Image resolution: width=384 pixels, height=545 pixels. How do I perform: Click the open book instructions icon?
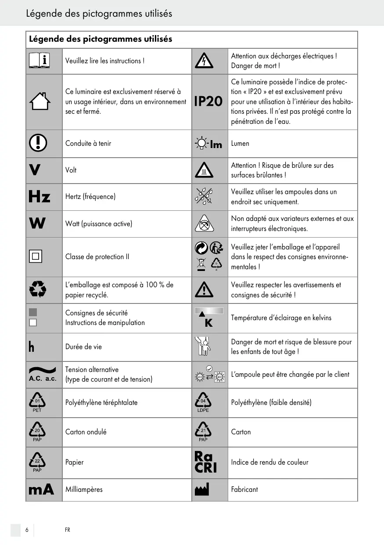tap(39, 61)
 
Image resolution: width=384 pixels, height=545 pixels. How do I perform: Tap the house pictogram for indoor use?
tap(39, 102)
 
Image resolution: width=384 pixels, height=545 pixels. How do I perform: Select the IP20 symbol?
tap(208, 101)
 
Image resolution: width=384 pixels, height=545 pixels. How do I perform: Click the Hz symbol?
tap(39, 197)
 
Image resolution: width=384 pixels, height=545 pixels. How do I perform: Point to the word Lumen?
tap(240, 144)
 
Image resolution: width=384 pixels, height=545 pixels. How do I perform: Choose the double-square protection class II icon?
tap(36, 256)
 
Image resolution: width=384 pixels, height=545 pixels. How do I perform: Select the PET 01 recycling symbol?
tap(37, 403)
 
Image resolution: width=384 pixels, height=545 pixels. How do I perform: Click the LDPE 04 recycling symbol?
tap(203, 403)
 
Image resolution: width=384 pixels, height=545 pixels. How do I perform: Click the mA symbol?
tap(41, 489)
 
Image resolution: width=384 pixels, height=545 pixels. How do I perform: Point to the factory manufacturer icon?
tap(202, 489)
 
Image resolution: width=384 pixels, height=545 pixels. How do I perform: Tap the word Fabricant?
tap(244, 489)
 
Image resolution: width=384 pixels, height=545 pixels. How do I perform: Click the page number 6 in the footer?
tap(27, 530)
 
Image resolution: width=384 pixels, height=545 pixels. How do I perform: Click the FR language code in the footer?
tap(68, 530)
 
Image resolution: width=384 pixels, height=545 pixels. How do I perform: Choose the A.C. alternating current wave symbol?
tap(43, 374)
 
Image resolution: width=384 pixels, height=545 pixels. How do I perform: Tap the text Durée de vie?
tap(83, 347)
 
